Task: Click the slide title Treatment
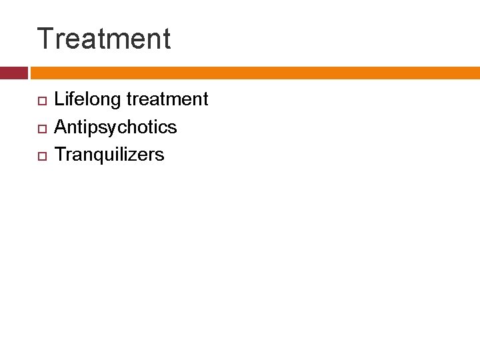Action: point(104,39)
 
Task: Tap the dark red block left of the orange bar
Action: point(13,73)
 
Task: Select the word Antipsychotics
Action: point(115,127)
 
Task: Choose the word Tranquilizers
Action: point(109,155)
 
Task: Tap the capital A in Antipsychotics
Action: point(61,127)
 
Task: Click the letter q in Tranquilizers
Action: point(99,156)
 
